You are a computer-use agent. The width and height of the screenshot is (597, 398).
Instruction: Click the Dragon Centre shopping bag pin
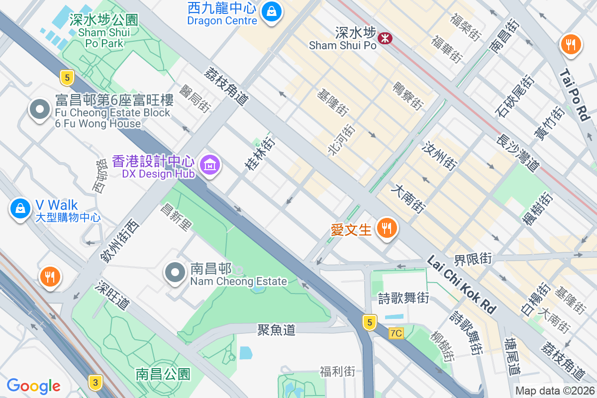(x=272, y=11)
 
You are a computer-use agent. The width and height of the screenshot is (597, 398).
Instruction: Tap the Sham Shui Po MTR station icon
(x=385, y=38)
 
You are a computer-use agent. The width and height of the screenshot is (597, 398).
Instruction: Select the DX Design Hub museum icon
(x=210, y=165)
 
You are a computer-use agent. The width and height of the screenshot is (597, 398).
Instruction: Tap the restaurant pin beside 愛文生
(x=386, y=228)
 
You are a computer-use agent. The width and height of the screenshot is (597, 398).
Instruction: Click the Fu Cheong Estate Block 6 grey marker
(x=40, y=109)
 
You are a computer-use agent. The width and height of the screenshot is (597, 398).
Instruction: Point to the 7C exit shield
(x=396, y=333)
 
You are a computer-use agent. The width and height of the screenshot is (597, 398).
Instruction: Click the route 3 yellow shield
(x=95, y=382)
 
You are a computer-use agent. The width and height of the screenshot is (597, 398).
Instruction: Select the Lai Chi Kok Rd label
(x=461, y=285)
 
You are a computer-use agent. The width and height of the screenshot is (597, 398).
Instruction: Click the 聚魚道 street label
(x=277, y=329)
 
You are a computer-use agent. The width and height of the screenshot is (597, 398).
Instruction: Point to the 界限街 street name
(x=473, y=259)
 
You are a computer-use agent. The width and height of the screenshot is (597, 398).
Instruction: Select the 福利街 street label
(x=338, y=371)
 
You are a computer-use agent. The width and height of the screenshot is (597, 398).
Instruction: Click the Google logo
(x=33, y=386)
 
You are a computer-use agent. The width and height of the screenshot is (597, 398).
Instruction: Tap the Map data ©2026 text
(x=555, y=391)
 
